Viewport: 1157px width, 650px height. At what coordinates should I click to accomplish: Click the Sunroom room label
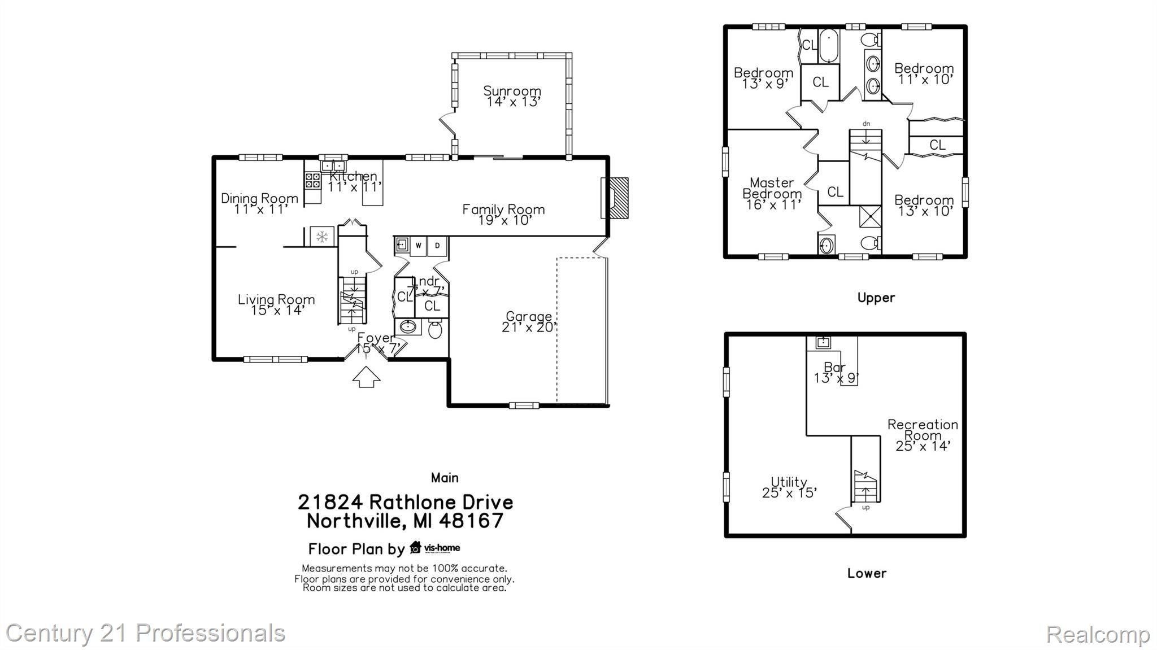(x=512, y=91)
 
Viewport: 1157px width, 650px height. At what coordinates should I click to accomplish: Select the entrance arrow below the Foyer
(x=366, y=377)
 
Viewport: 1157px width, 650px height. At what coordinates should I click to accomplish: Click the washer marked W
(x=419, y=246)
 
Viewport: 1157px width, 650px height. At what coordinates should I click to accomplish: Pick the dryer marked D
(x=437, y=246)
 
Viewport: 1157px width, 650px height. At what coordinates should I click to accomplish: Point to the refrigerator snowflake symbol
(x=322, y=237)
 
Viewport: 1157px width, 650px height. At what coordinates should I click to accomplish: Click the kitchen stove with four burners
(x=312, y=180)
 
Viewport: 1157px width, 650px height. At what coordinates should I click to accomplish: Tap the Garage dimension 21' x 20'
(x=529, y=327)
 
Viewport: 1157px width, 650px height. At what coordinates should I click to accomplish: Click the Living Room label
(x=276, y=300)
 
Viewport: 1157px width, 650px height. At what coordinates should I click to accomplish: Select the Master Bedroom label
(x=772, y=188)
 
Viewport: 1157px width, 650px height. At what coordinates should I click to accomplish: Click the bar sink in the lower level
(x=823, y=342)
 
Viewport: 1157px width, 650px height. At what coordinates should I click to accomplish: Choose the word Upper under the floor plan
(x=876, y=298)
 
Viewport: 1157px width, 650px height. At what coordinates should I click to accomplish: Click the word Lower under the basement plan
(x=867, y=573)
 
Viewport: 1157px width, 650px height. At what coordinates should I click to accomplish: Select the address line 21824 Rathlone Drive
(x=405, y=501)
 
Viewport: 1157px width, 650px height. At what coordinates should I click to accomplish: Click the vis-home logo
(x=434, y=548)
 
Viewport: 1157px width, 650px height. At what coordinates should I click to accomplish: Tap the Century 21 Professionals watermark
(x=145, y=633)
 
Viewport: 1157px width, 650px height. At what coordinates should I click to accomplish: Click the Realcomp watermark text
(x=1097, y=634)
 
